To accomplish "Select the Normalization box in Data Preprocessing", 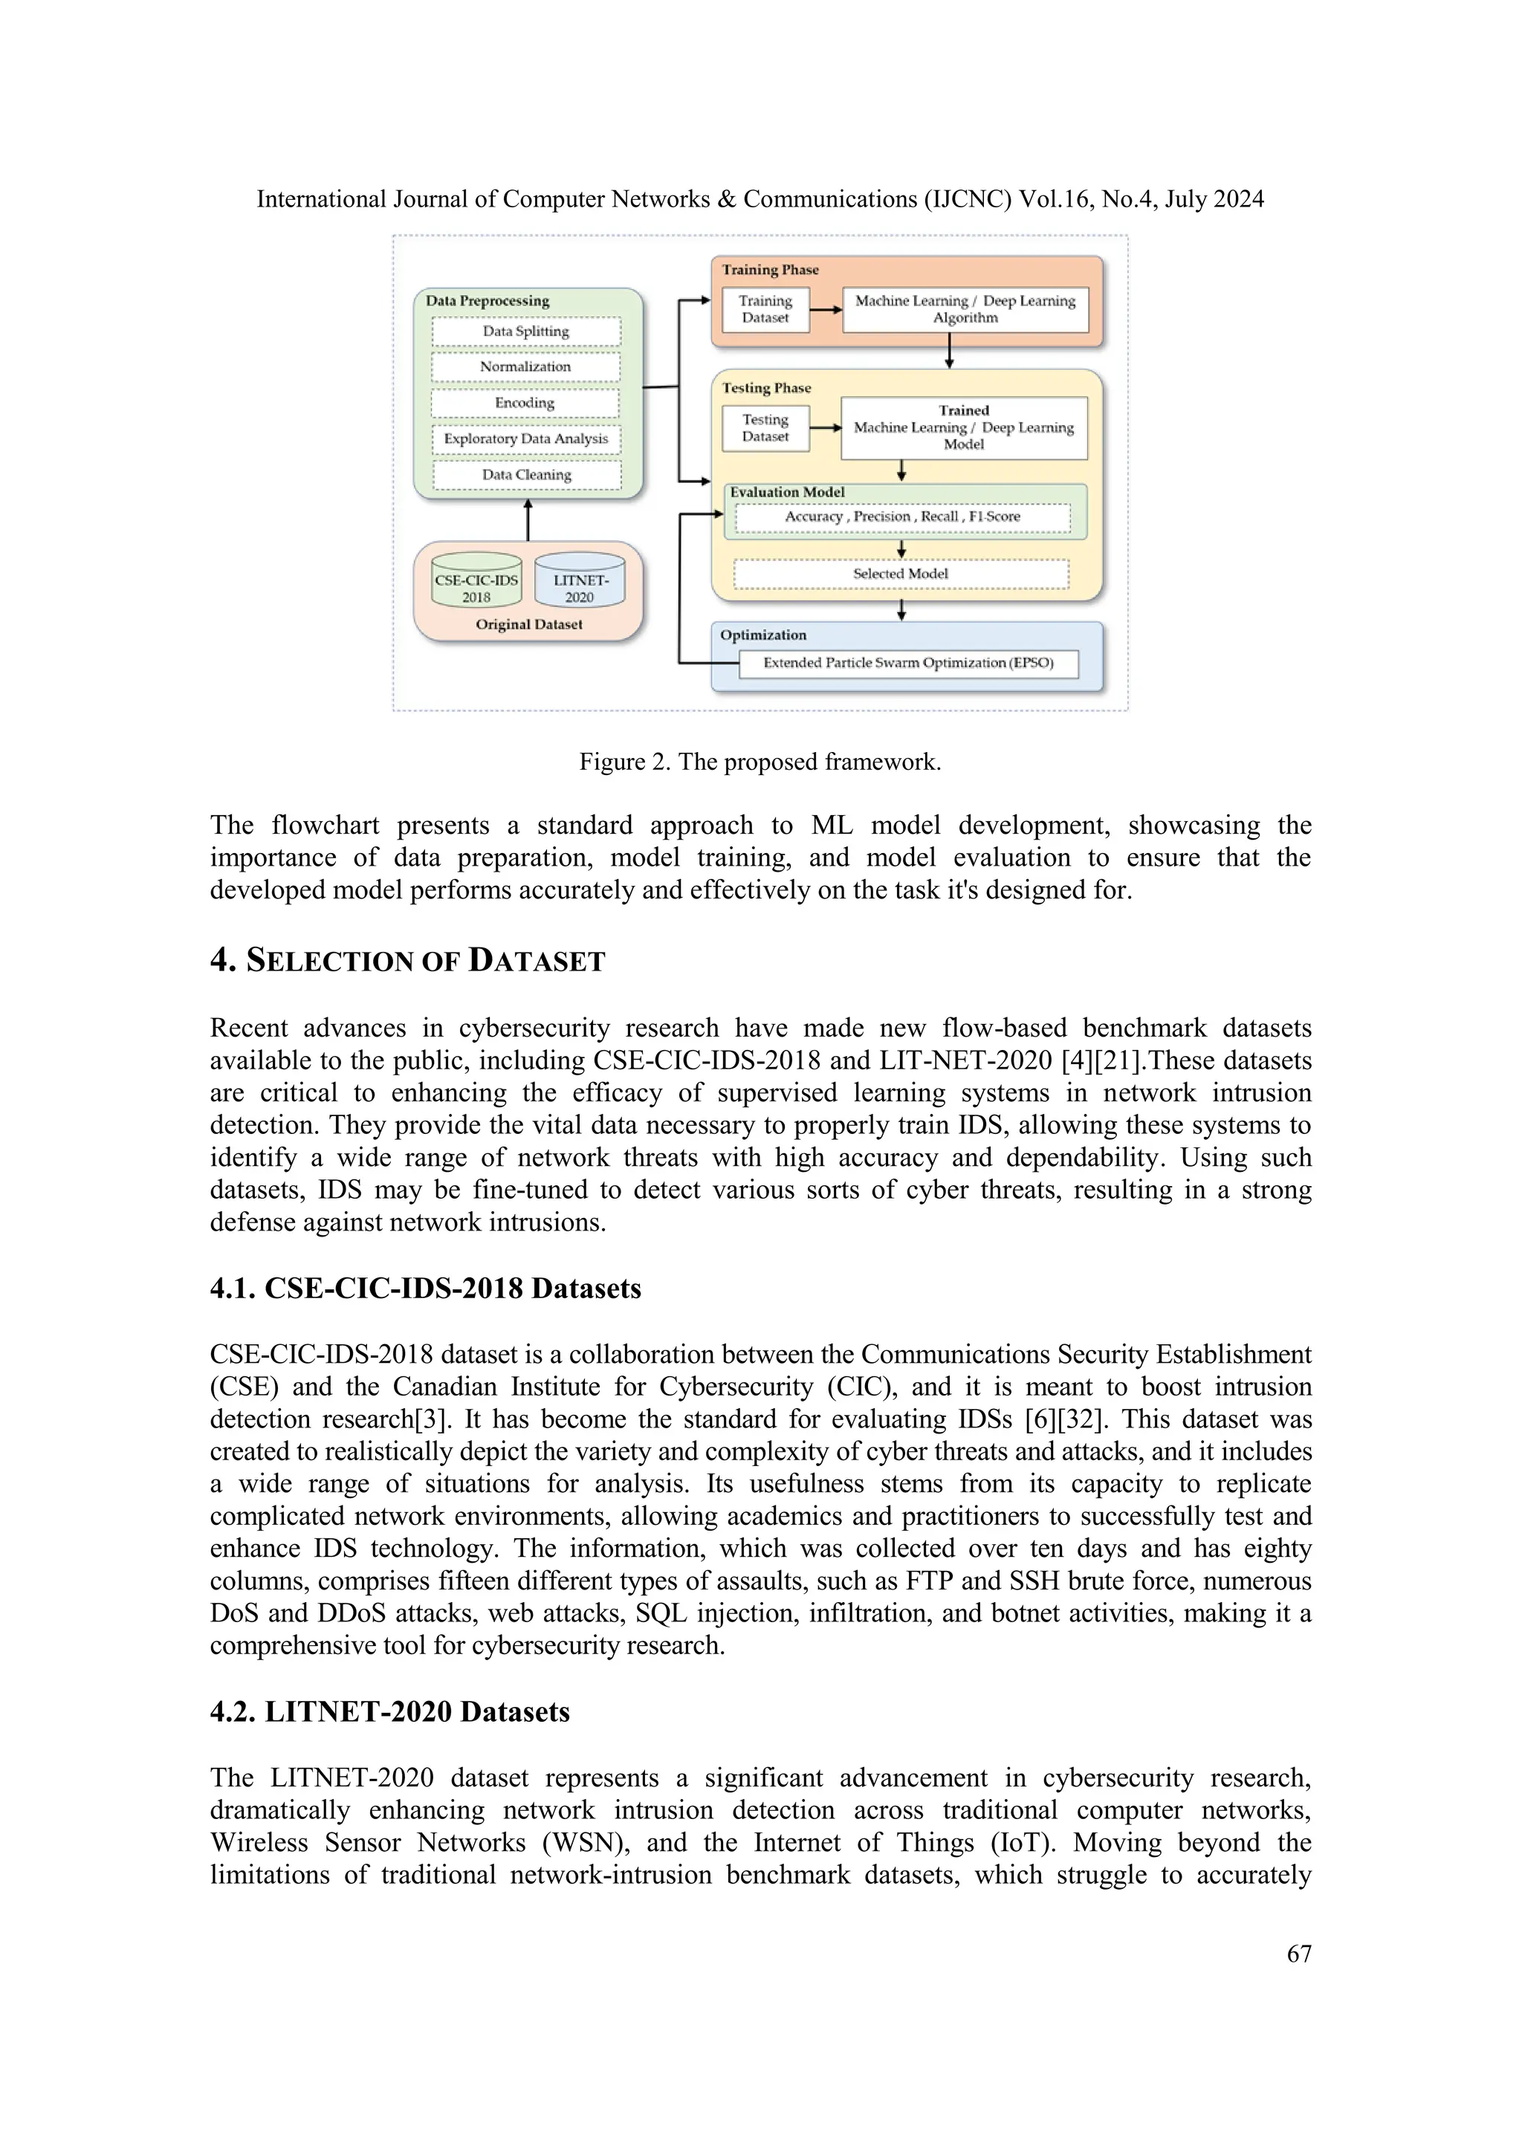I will click(x=525, y=367).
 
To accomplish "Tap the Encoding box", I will click(x=525, y=403).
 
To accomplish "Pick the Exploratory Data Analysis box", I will click(x=525, y=438).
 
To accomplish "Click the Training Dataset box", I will click(x=765, y=309).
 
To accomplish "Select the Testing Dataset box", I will click(x=765, y=428).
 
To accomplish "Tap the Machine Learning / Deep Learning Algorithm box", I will click(x=965, y=309).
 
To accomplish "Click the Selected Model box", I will click(x=901, y=574).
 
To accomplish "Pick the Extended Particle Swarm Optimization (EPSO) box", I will click(x=908, y=664).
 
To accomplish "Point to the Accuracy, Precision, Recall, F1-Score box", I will click(x=902, y=517).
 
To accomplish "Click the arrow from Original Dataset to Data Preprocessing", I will click(x=528, y=520).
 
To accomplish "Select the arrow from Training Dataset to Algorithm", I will click(x=826, y=309).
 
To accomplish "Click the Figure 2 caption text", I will click(x=760, y=762).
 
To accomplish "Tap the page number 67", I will click(x=1298, y=1954).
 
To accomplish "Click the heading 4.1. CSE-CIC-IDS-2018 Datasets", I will click(x=426, y=1289).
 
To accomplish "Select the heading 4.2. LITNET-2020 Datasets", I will click(x=390, y=1712).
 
